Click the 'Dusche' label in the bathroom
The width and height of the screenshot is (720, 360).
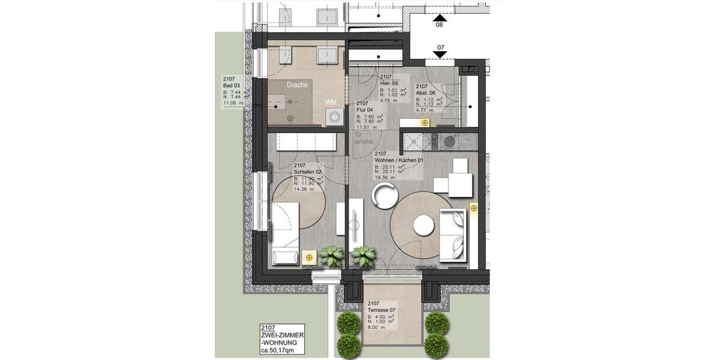pyautogui.click(x=297, y=85)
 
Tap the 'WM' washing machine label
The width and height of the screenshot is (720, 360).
pyautogui.click(x=331, y=103)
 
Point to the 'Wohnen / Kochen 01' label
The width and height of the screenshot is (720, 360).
pyautogui.click(x=399, y=161)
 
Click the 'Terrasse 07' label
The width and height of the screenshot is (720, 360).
pyautogui.click(x=383, y=310)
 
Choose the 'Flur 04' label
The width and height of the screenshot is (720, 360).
pyautogui.click(x=365, y=110)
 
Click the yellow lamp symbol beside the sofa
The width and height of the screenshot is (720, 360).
pyautogui.click(x=473, y=208)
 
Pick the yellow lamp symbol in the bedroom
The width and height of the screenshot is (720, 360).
pyautogui.click(x=309, y=257)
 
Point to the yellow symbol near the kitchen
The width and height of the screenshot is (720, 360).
pyautogui.click(x=425, y=123)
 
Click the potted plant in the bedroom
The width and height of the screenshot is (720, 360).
pyautogui.click(x=331, y=256)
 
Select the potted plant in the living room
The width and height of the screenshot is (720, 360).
pyautogui.click(x=363, y=257)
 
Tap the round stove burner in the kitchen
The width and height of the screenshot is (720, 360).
pyautogui.click(x=449, y=142)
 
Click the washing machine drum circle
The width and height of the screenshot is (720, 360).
pyautogui.click(x=332, y=117)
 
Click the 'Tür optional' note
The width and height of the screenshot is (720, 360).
pyautogui.click(x=364, y=138)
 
